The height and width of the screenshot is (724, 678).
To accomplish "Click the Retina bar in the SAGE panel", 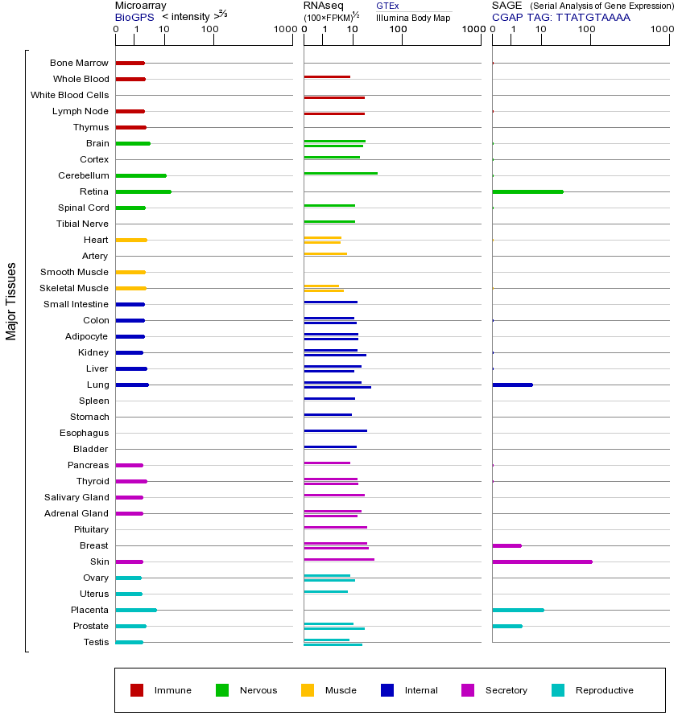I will point(527,191).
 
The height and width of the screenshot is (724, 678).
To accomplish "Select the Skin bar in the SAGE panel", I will point(542,562).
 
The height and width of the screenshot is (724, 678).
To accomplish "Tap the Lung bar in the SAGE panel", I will point(512,385).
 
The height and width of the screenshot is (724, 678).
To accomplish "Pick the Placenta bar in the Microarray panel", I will point(136,610).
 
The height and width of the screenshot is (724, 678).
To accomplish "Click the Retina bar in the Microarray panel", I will point(143,191).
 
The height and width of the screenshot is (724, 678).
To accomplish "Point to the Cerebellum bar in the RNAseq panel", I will point(341,173).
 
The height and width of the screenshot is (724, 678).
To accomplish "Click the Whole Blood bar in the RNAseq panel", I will point(327,76).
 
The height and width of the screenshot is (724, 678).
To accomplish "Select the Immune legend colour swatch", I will point(137,690).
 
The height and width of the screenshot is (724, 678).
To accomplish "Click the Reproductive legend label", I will point(605,690).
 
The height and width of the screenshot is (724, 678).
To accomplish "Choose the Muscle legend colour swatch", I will point(308,690).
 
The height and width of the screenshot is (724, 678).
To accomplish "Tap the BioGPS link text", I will point(134,17).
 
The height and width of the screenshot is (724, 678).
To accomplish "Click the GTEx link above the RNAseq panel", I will point(387,6).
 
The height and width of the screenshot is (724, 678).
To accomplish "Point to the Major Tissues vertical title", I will point(11,301).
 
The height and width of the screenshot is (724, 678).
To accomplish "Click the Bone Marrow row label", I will point(79,63).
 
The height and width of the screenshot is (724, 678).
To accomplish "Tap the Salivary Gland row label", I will point(76,497).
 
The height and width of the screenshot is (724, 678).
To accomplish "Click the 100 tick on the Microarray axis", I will point(210,30).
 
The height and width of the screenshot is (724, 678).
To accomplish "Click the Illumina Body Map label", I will point(413,17).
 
